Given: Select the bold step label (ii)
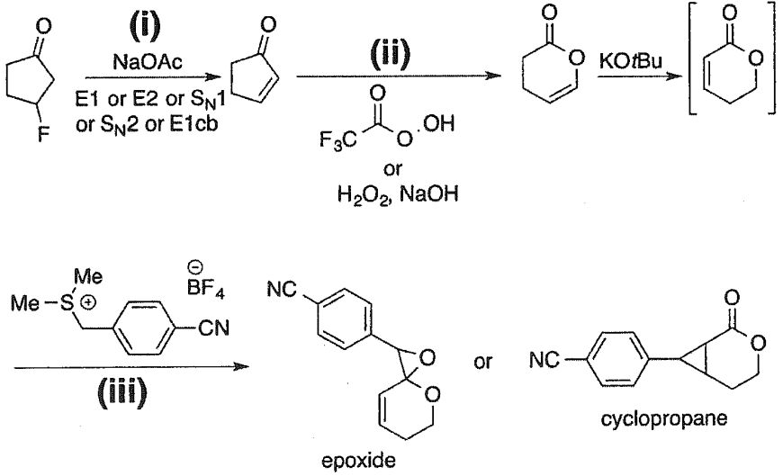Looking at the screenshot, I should (x=390, y=57).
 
